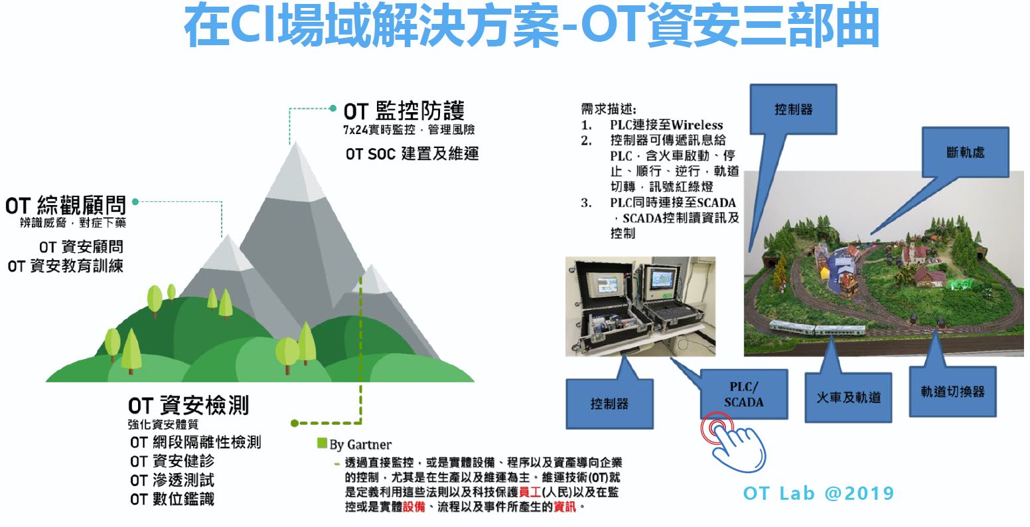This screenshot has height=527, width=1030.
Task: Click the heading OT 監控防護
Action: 404,111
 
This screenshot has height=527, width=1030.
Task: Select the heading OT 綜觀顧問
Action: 66,205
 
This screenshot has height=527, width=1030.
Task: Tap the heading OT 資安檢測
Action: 188,406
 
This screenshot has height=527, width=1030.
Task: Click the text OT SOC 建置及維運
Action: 412,153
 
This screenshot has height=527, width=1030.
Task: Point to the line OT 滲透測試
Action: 173,480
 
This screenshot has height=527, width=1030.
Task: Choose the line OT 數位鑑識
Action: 173,499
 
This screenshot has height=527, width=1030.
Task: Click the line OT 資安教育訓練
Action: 65,265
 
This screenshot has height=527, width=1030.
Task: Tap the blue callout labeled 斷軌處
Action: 965,152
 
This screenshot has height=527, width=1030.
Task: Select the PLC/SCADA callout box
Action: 744,394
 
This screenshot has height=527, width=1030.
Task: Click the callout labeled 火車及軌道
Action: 848,398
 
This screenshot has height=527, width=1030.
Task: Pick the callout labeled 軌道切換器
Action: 953,392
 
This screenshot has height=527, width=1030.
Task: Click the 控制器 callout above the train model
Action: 793,110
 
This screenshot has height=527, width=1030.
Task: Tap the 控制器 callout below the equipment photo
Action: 609,404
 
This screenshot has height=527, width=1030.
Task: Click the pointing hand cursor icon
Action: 734,443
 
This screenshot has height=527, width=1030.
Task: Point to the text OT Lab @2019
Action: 818,493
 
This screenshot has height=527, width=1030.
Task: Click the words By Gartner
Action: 360,445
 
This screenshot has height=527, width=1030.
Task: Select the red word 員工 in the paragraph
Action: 530,492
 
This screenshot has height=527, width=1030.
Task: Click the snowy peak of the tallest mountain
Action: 297,175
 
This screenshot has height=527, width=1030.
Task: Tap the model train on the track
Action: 817,329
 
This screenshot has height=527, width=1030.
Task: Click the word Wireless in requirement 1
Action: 697,125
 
